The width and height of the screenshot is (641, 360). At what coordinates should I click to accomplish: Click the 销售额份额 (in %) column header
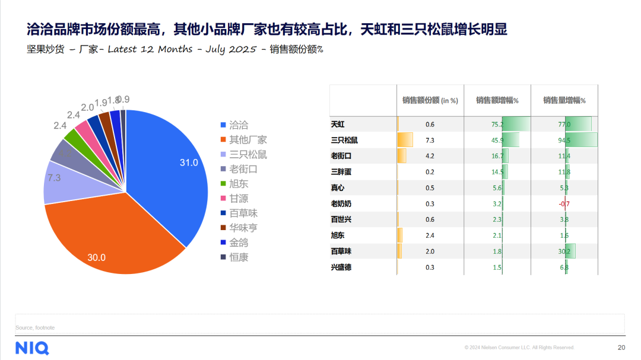[430, 101]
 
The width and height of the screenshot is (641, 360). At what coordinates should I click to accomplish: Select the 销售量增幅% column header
[564, 101]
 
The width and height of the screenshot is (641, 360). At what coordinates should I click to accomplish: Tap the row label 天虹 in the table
[338, 125]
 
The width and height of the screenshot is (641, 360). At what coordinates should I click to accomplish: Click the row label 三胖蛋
[341, 172]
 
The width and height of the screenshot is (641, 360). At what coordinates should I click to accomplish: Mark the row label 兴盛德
[341, 267]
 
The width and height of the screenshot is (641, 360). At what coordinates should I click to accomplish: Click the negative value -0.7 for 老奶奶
[564, 204]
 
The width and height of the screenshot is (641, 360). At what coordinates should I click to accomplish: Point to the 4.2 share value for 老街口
[430, 156]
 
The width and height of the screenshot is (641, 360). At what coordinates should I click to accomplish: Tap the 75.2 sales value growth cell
[497, 125]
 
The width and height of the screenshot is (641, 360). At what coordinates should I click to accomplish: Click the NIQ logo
[32, 348]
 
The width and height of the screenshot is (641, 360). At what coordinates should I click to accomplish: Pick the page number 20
[621, 348]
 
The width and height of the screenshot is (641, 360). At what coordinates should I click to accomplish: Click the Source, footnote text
[35, 327]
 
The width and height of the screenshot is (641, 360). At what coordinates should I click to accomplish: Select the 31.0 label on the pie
[189, 163]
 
